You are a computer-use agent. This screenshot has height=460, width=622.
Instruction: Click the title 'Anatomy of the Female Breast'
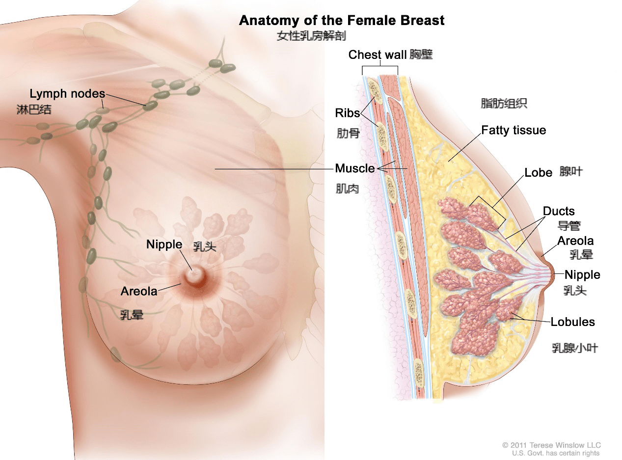pos(342,21)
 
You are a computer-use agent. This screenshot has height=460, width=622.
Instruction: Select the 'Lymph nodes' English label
pos(67,94)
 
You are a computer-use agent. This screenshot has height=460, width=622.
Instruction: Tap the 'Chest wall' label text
pos(377,54)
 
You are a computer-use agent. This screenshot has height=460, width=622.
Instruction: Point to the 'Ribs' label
pos(348,113)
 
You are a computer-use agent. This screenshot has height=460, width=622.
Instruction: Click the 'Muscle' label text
pos(355,168)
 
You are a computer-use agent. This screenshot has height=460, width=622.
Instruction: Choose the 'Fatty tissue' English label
pos(514,131)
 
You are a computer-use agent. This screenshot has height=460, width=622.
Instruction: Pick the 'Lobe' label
pos(538,172)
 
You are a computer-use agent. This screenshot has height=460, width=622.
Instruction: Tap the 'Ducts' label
pos(559,211)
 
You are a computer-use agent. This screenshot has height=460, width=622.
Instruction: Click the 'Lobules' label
pos(572,322)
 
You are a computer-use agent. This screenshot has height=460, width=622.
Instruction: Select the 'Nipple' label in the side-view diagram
pos(582,274)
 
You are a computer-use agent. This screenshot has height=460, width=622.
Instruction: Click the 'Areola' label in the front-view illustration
pos(139,291)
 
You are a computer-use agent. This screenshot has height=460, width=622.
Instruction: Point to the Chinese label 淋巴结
pos(34,109)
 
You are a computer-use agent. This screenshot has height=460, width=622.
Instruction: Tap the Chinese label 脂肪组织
pos(504,103)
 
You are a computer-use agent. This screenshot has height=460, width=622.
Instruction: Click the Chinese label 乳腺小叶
pos(575,348)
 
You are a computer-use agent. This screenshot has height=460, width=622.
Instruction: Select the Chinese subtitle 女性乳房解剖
pos(311,36)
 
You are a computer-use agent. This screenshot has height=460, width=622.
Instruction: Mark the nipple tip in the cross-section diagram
pos(554,275)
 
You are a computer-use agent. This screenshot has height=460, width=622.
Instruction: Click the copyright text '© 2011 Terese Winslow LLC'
pos(551,445)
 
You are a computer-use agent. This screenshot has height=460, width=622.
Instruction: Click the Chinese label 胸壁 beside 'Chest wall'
pos(421,54)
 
